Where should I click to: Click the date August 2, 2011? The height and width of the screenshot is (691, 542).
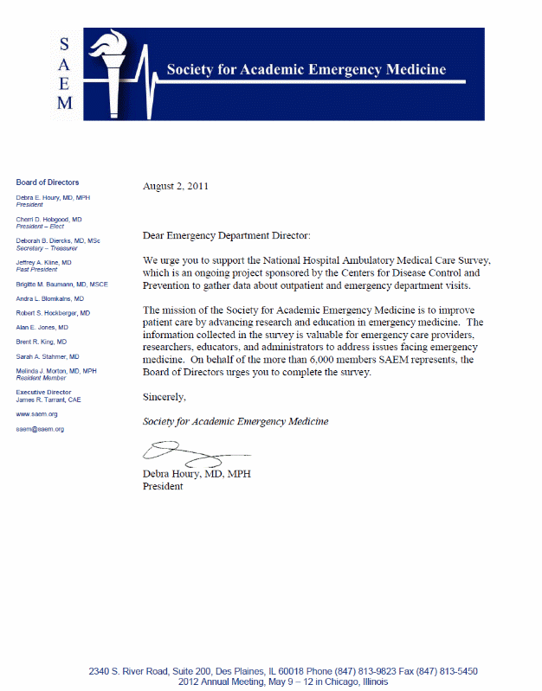[x=175, y=185]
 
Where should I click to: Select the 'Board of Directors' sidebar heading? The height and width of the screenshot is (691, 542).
[x=48, y=182]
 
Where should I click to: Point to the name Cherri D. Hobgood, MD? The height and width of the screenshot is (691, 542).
[x=48, y=220]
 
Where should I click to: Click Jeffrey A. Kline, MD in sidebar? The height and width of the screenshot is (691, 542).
[x=43, y=261]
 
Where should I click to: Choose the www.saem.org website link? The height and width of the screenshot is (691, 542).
[x=37, y=414]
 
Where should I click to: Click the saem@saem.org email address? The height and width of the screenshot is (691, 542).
[x=40, y=429]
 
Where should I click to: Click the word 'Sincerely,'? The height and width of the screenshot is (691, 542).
[x=165, y=397]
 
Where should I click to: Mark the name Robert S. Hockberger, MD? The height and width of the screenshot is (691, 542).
[x=53, y=312]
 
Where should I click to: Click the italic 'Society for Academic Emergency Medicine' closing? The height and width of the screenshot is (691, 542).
[x=236, y=421]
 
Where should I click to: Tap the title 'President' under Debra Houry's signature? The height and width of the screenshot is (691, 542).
[x=163, y=486]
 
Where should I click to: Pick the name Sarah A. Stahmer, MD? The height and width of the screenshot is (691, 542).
[x=48, y=356]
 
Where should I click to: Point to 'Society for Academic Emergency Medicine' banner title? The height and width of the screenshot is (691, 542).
[x=306, y=69]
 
